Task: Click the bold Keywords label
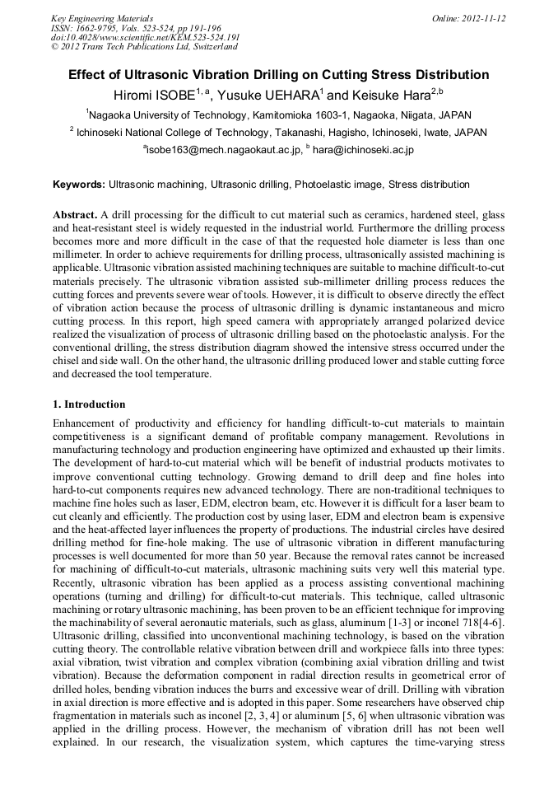click(79, 185)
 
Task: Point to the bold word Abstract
click(75, 214)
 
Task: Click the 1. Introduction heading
click(89, 404)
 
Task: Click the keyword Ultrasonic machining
click(157, 185)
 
